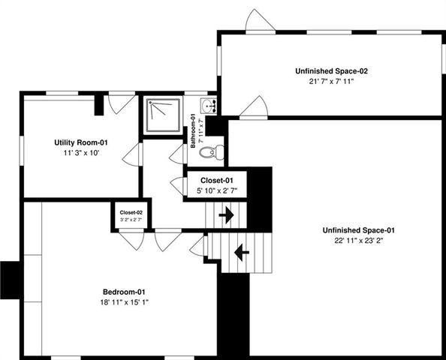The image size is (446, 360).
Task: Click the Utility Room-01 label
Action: click(x=83, y=142)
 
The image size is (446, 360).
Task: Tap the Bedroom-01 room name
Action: click(x=124, y=291)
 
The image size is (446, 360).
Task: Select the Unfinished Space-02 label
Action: click(x=331, y=70)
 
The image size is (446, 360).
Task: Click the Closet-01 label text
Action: click(x=218, y=181)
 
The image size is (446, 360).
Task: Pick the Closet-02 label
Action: click(x=131, y=213)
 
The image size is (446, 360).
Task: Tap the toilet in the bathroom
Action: click(x=215, y=151)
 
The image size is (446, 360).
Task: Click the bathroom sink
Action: click(x=208, y=106)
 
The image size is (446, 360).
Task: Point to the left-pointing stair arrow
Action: click(x=242, y=253)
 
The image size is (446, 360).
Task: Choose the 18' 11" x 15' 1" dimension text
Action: click(x=124, y=302)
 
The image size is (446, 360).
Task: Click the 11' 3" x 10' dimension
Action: click(x=83, y=153)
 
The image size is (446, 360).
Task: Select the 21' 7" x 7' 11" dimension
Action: click(x=331, y=81)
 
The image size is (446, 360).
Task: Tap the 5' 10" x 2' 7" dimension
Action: click(x=218, y=191)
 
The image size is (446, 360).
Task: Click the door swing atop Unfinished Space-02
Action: click(x=258, y=20)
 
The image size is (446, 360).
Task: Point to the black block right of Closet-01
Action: click(x=259, y=195)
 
